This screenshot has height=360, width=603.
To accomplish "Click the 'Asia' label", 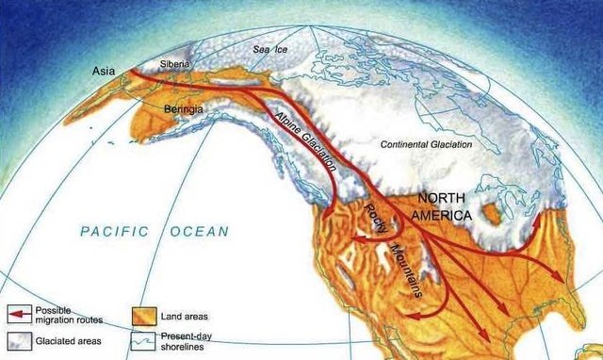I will tap(105, 70).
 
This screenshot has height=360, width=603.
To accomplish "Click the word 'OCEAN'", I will tap(199, 231).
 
